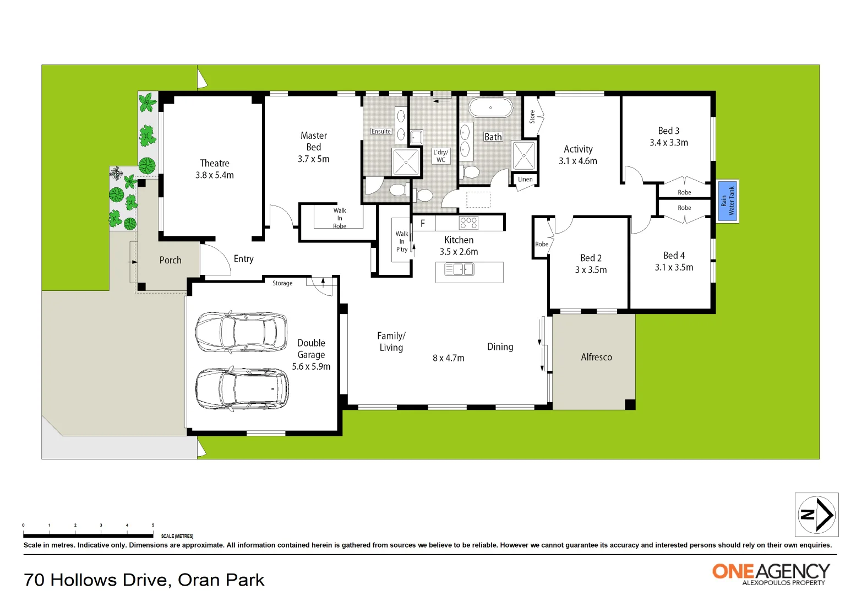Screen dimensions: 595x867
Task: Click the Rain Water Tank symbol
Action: point(727,201)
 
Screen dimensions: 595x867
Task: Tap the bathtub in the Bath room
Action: point(490,107)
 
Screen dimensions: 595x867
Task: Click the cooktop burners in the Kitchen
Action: point(468,223)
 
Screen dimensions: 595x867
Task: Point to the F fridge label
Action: point(423,223)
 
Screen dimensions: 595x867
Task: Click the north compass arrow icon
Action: point(816,515)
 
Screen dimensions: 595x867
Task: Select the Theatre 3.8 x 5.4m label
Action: point(215,169)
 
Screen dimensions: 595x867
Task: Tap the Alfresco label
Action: point(596,357)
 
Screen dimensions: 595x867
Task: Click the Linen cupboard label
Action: point(525,180)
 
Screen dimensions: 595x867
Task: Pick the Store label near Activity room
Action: point(532,116)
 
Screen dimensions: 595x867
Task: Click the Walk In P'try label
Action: point(402,242)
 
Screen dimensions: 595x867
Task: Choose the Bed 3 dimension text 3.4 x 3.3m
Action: point(669,143)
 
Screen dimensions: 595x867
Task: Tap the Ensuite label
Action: point(381,131)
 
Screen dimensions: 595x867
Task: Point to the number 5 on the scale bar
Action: point(153,525)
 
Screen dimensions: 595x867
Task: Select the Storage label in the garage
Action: point(282,283)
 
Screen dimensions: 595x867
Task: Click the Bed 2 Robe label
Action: point(542,244)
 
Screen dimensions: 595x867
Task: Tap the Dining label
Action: point(500,347)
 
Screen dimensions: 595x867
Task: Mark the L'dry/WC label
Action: point(440,156)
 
